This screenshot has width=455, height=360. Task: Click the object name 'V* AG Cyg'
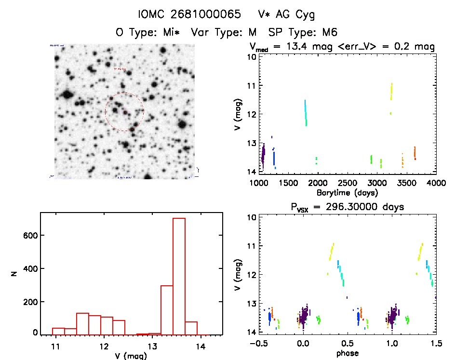[x=286, y=15]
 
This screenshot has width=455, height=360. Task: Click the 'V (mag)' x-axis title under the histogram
[x=131, y=356]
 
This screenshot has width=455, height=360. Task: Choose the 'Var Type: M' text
[x=226, y=32]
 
